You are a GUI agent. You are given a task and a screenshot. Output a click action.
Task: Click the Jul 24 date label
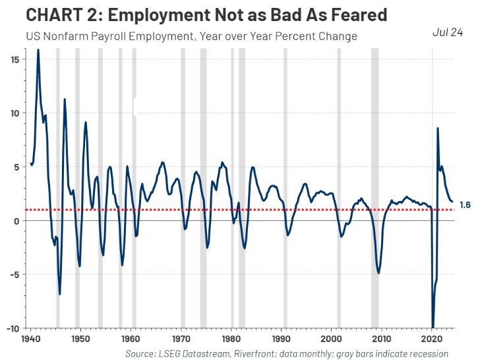click(448, 32)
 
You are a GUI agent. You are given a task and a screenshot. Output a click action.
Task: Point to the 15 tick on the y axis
click(14, 59)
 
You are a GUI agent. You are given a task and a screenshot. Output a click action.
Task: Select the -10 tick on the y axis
click(13, 328)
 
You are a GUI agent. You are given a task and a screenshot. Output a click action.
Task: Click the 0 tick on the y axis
click(16, 220)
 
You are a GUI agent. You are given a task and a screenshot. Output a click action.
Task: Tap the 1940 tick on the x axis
click(30, 338)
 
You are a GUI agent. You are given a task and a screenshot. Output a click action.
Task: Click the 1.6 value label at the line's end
click(464, 205)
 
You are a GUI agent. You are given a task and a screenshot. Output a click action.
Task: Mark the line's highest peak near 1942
click(38, 50)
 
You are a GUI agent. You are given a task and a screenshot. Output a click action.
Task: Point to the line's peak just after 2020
click(438, 129)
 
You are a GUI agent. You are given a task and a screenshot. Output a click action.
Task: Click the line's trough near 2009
click(378, 272)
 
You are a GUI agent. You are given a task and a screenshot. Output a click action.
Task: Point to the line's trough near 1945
click(59, 294)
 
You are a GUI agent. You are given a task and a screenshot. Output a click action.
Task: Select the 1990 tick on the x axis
click(282, 338)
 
